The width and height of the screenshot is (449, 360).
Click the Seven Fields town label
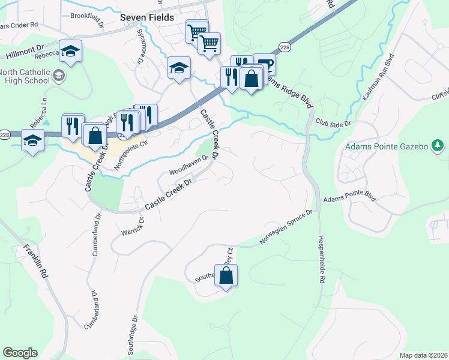pos(147,17)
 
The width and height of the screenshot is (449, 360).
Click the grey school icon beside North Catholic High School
pos(59,76)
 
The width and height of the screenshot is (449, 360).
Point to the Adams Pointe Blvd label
pos(349,198)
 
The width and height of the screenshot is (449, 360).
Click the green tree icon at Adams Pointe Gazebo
pos(439,146)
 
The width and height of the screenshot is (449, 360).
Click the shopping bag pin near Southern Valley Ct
pos(226,275)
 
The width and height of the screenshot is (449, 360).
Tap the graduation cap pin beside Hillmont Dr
pos(71,51)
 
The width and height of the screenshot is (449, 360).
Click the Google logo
pos(20,353)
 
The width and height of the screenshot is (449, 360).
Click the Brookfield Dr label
pos(87,16)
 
